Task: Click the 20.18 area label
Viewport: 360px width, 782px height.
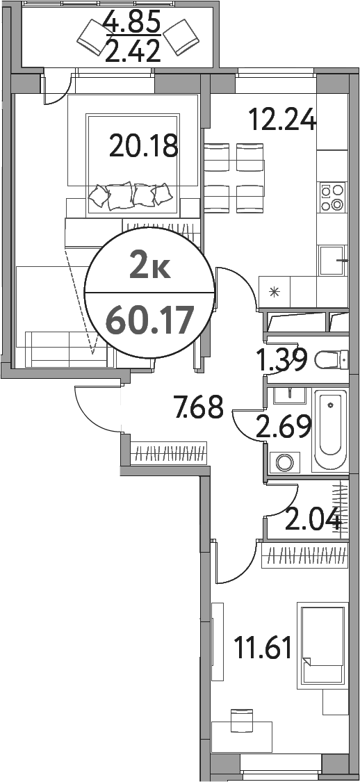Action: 144,147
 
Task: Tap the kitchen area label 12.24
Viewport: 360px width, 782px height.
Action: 283,121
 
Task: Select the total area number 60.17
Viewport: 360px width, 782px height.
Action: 148,321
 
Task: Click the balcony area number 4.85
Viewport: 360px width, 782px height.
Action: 132,23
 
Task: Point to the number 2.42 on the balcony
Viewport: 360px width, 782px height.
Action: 132,51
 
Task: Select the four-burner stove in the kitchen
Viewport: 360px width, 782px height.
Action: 332,197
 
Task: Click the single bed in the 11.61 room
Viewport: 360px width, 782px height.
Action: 322,646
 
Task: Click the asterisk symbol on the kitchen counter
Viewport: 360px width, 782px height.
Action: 274,290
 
